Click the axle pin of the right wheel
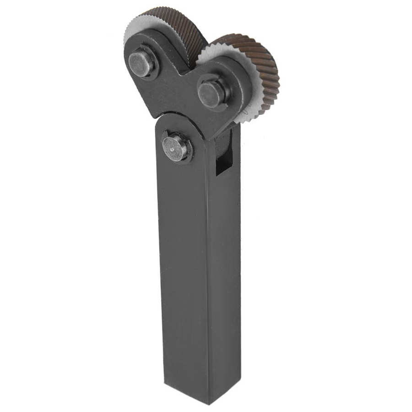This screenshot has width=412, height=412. (x=211, y=94)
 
